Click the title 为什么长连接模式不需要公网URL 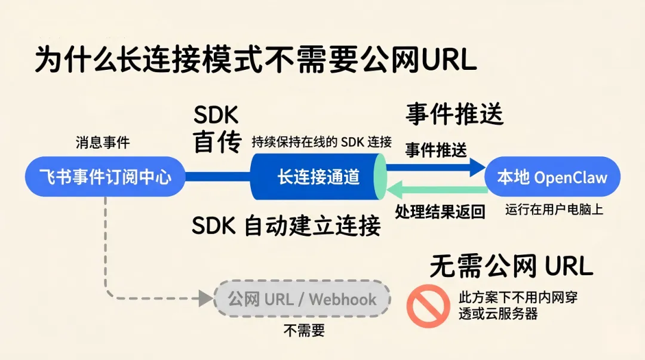pyautogui.click(x=255, y=60)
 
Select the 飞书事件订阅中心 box pyautogui.click(x=105, y=177)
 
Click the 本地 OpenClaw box pyautogui.click(x=552, y=177)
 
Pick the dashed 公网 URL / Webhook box pyautogui.click(x=302, y=299)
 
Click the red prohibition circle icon pyautogui.click(x=428, y=306)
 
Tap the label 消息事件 pyautogui.click(x=103, y=143)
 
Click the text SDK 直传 pyautogui.click(x=216, y=130)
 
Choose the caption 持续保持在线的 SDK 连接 pyautogui.click(x=322, y=142)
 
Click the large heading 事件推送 pyautogui.click(x=454, y=113)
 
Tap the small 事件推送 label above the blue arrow pyautogui.click(x=436, y=150)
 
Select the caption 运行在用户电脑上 pyautogui.click(x=554, y=209)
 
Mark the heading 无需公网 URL pyautogui.click(x=511, y=266)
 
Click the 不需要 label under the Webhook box pyautogui.click(x=303, y=330)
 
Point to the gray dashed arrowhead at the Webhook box pyautogui.click(x=206, y=298)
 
